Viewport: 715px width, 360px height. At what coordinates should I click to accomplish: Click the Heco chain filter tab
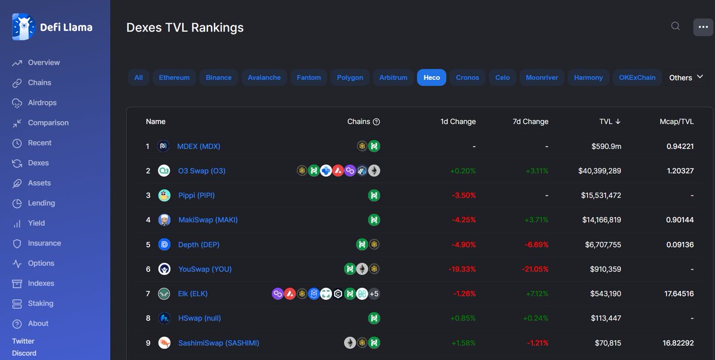pyautogui.click(x=431, y=77)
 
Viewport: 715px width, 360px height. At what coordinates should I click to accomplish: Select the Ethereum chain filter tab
pyautogui.click(x=174, y=77)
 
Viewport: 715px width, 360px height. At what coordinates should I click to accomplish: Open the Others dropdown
pyautogui.click(x=686, y=77)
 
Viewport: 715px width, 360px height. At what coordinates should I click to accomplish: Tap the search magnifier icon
pyautogui.click(x=676, y=26)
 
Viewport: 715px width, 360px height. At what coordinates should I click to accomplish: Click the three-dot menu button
pyautogui.click(x=703, y=27)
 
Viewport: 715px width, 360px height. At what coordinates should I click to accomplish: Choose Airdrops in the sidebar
pyautogui.click(x=42, y=103)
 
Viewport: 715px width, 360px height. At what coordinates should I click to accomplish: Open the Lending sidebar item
pyautogui.click(x=41, y=203)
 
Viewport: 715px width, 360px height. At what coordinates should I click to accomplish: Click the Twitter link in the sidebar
pyautogui.click(x=23, y=341)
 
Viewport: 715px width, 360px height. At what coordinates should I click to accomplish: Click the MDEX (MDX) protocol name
pyautogui.click(x=198, y=146)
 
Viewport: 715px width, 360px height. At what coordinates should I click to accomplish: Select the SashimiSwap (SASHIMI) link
pyautogui.click(x=219, y=343)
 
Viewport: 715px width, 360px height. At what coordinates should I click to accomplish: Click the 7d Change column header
pyautogui.click(x=530, y=122)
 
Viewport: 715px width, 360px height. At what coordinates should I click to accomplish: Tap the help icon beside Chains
pyautogui.click(x=377, y=122)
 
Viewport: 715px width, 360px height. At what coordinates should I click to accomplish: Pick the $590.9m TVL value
pyautogui.click(x=606, y=146)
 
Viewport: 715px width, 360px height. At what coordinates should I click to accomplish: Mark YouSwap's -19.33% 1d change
pyautogui.click(x=462, y=269)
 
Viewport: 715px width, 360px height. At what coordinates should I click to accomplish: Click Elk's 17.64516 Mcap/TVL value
pyautogui.click(x=679, y=294)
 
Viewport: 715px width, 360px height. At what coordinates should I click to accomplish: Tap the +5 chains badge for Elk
pyautogui.click(x=374, y=294)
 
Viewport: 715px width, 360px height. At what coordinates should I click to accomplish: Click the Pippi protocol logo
pyautogui.click(x=164, y=195)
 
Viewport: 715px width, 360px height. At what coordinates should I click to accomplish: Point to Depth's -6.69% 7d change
pyautogui.click(x=536, y=245)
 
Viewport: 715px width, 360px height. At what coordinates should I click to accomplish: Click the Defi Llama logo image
pyautogui.click(x=23, y=27)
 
